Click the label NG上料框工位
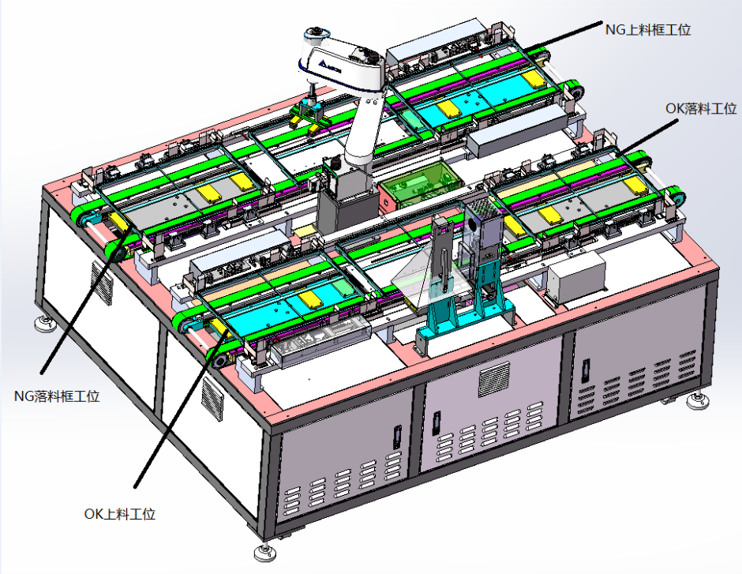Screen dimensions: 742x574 click(648, 30)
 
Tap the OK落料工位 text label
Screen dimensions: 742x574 click(701, 108)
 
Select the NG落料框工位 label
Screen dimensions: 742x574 click(57, 396)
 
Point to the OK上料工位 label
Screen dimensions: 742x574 click(120, 514)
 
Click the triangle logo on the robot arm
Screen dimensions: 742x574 click(324, 64)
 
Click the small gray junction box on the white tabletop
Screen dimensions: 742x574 click(576, 277)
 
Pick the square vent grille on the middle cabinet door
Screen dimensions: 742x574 click(494, 378)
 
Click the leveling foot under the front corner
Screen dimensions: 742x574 click(264, 551)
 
